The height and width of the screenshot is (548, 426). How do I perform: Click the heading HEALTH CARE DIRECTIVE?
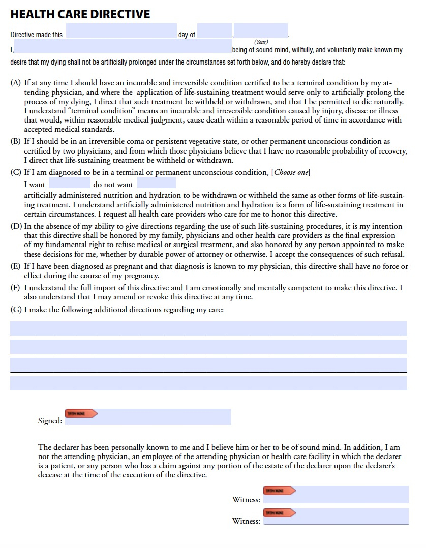click(x=80, y=14)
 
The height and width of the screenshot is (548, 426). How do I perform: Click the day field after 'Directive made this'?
click(x=121, y=32)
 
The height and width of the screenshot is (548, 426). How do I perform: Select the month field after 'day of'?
click(x=214, y=32)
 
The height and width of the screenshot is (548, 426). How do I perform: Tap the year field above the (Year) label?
click(x=261, y=32)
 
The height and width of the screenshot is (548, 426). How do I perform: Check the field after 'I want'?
click(x=69, y=184)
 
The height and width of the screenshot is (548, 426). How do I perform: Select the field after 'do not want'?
click(x=156, y=184)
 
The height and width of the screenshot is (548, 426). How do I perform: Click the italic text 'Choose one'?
click(x=291, y=172)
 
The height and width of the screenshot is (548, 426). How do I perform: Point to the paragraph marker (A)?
click(x=16, y=82)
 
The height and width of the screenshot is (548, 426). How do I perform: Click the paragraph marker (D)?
click(x=16, y=226)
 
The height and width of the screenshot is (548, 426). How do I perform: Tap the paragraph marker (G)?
click(x=16, y=309)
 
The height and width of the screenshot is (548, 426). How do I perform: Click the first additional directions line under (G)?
click(x=208, y=328)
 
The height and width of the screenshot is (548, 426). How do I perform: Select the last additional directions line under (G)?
click(x=208, y=383)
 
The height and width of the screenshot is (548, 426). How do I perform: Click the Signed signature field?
click(x=163, y=417)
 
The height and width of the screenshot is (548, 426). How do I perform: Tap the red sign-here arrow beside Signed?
click(x=81, y=413)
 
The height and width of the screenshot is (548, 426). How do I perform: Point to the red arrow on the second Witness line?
click(x=279, y=513)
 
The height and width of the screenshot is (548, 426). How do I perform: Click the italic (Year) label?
click(x=261, y=42)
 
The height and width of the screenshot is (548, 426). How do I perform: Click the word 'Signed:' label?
click(x=50, y=421)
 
